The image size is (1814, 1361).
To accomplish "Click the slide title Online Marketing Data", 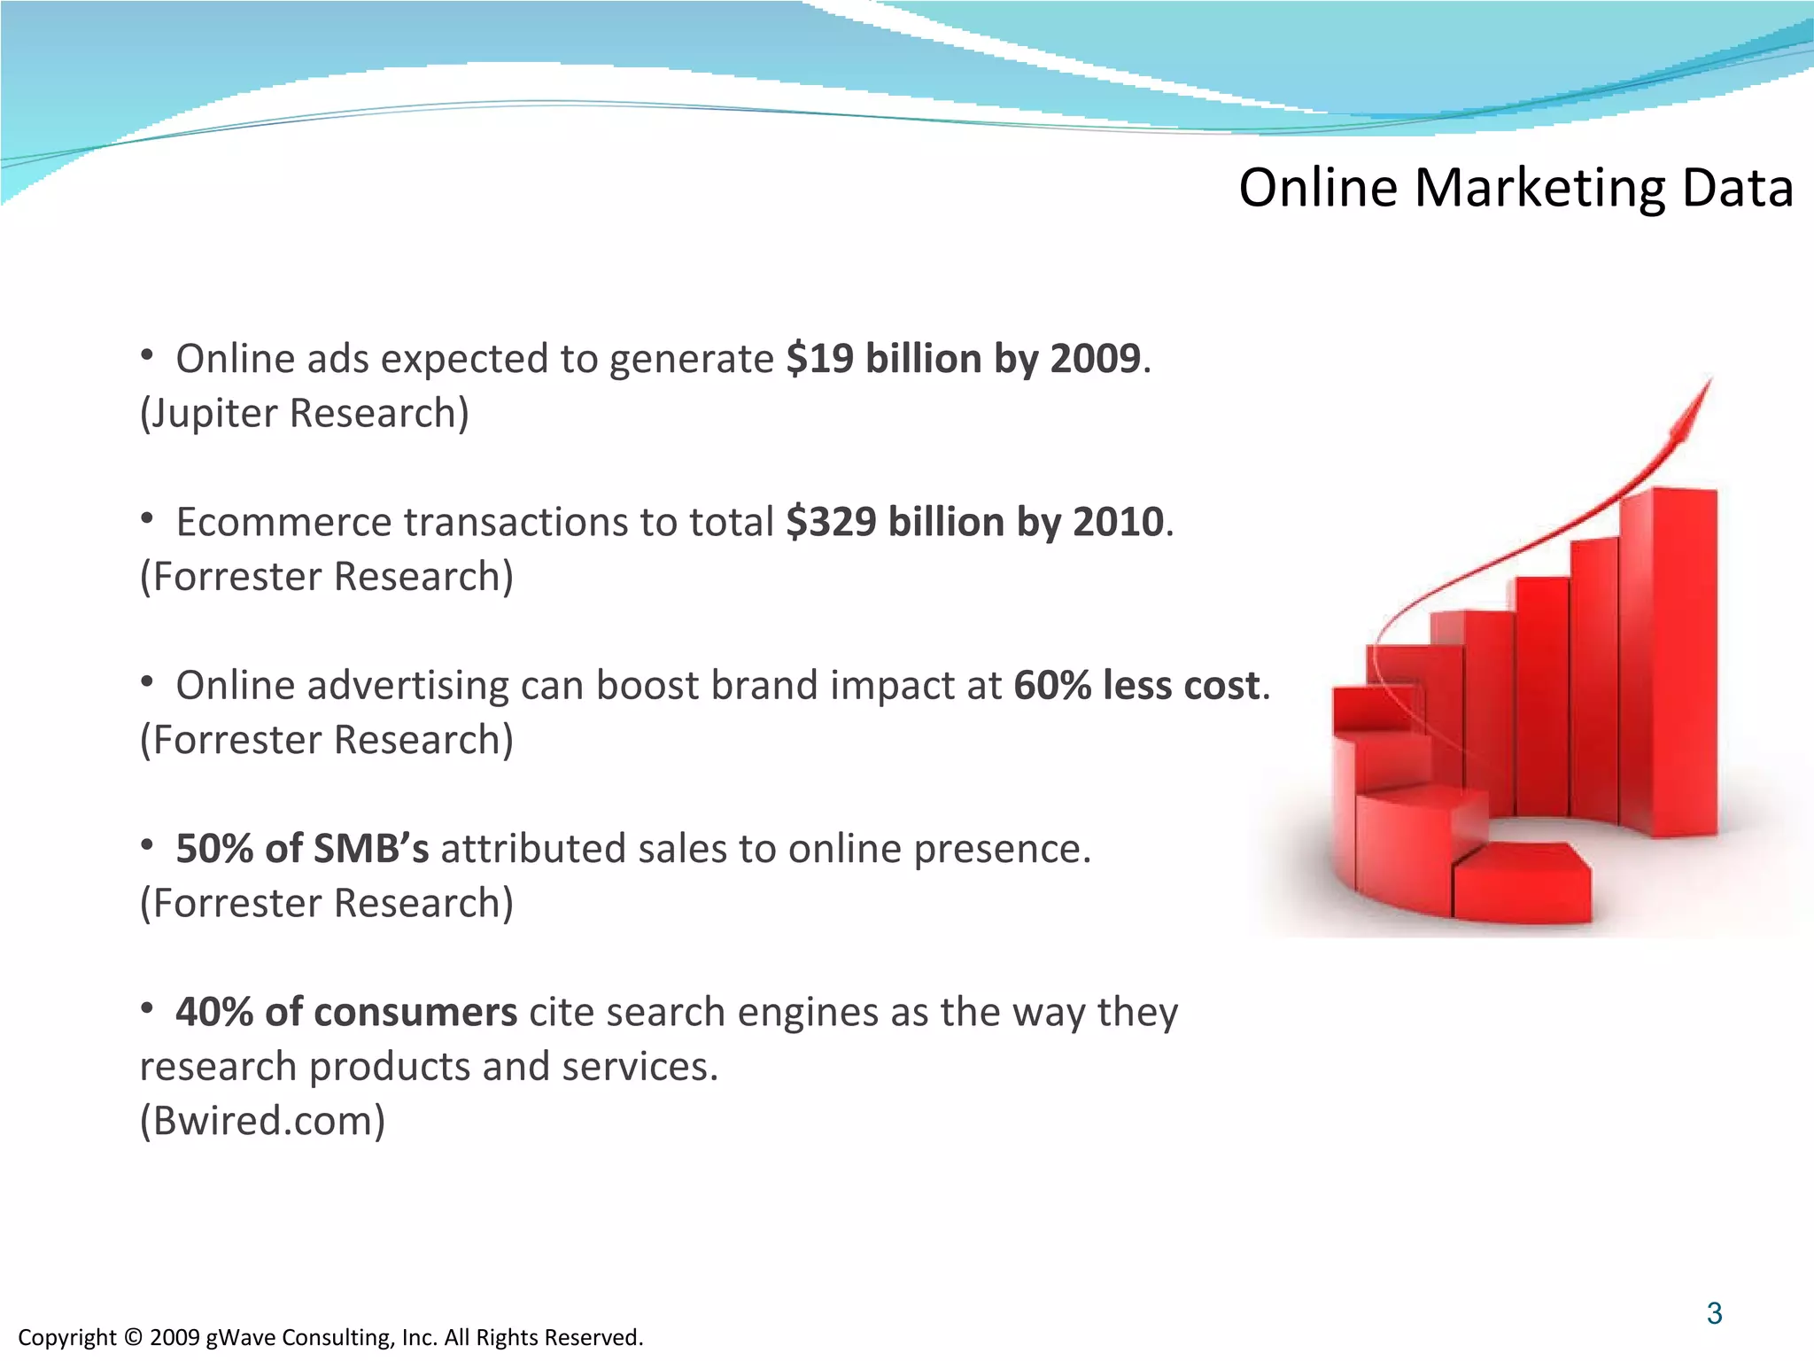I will point(1516,188).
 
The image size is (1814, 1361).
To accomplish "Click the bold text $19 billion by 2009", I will point(963,359).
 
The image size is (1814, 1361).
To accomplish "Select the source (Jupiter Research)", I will point(305,414).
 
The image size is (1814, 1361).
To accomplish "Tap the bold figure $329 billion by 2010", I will point(974,522).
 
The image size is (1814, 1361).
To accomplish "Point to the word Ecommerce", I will point(283,523).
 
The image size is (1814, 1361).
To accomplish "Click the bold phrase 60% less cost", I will point(1136,686).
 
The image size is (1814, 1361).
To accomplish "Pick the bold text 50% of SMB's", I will point(301,849).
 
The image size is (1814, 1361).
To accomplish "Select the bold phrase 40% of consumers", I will point(345,1012).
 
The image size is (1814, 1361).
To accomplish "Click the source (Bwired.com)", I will point(263,1121).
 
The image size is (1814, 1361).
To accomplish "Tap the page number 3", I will point(1714,1313).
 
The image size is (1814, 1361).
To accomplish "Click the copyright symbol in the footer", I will point(133,1337).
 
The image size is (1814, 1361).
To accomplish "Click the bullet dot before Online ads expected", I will point(148,356).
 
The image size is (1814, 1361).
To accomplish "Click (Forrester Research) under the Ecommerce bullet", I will point(327,577).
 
